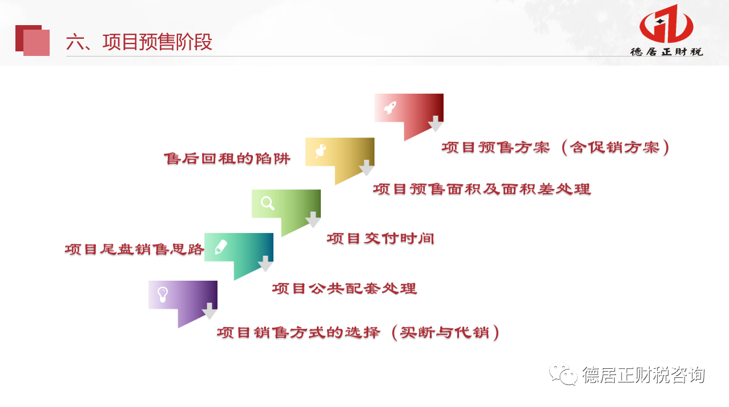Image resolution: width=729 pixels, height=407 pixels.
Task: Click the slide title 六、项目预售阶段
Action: pos(139,42)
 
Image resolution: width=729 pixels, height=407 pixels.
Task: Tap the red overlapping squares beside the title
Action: pos(33,41)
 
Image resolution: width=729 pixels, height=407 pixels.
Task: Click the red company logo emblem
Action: pos(666,24)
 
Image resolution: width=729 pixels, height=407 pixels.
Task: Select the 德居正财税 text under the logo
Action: pos(667,52)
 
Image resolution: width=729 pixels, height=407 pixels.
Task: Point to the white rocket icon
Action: pos(390,107)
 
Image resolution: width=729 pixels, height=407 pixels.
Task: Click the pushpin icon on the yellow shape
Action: pos(321,151)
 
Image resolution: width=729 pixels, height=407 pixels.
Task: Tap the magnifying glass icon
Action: pos(268,203)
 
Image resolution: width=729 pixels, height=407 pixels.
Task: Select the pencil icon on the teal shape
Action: pos(221,247)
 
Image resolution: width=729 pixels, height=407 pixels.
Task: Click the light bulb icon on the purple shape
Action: pos(163,295)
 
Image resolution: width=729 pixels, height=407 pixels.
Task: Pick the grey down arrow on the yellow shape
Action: pos(366,168)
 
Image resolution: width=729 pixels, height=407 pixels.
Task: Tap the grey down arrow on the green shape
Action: pos(313,220)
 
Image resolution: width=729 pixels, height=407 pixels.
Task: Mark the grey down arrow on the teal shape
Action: pos(265,264)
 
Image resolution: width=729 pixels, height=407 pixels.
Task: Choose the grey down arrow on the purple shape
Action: pos(210,311)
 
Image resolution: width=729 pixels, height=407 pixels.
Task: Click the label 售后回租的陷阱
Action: pos(227,159)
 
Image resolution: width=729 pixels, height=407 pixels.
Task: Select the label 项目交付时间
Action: pos(380,239)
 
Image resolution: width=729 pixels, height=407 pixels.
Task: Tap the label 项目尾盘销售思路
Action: pos(134,249)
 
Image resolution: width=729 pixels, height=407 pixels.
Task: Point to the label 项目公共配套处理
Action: pos(344,289)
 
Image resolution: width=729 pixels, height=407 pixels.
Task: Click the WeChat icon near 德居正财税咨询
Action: pos(563,374)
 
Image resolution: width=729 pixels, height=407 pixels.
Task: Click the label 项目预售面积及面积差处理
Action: pos(482,189)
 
